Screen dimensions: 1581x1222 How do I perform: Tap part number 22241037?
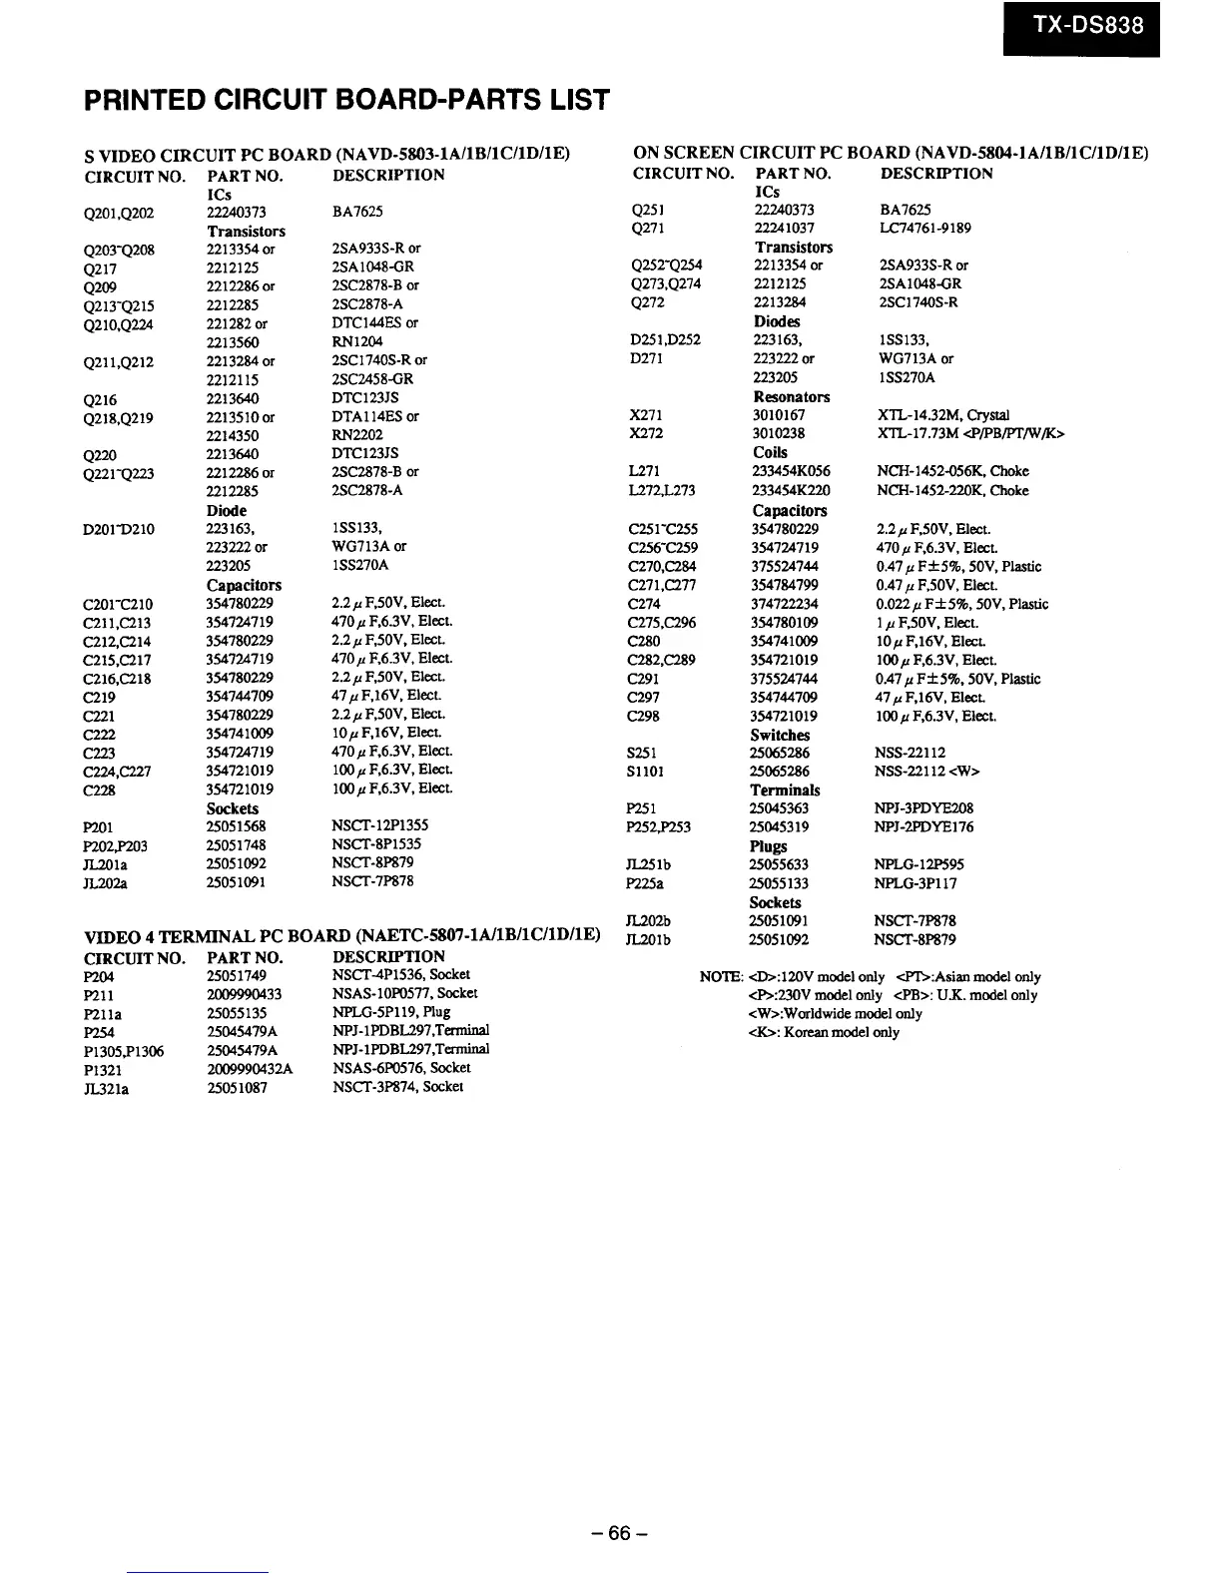[x=784, y=228]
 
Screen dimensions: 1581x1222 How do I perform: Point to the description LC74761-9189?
[x=924, y=228]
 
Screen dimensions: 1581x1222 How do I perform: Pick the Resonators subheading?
[x=791, y=396]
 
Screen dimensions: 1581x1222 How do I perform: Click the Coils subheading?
[x=770, y=452]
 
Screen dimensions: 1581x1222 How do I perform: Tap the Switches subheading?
[x=780, y=735]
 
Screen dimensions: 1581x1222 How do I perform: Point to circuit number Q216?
[x=100, y=399]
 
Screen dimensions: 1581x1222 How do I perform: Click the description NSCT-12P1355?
[x=378, y=825]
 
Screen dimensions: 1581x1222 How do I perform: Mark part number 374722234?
[x=785, y=604]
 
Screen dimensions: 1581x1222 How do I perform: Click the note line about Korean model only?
[x=823, y=1032]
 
